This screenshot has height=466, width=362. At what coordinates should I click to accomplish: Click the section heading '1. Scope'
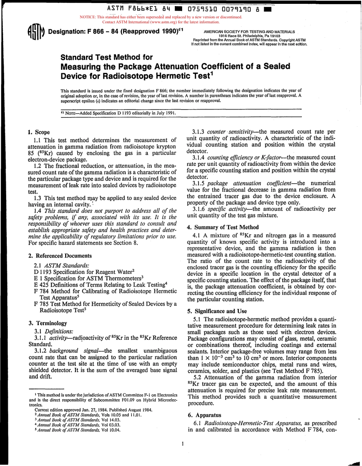38,132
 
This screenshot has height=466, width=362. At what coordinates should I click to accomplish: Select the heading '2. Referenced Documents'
60,256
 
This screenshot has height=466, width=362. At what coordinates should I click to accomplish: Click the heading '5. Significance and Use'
217,311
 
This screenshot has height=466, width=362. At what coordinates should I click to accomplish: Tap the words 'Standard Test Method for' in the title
107,58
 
